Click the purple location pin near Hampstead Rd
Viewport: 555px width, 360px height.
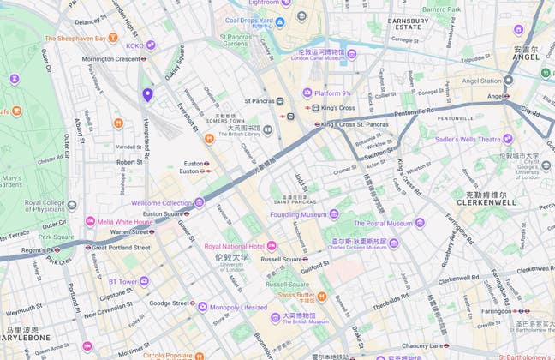(147, 94)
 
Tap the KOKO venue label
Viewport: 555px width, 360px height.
(134, 45)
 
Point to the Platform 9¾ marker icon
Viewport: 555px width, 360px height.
(307, 93)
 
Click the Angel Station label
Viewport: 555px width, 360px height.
(479, 81)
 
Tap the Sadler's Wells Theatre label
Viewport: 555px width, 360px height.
(468, 138)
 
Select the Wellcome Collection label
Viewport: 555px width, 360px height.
(162, 203)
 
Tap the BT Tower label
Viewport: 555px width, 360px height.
(122, 280)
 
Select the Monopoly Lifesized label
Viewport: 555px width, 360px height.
(239, 306)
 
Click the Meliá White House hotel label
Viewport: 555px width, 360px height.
(124, 222)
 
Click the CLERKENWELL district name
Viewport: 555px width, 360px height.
(486, 203)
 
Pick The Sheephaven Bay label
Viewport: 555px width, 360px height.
(75, 39)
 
